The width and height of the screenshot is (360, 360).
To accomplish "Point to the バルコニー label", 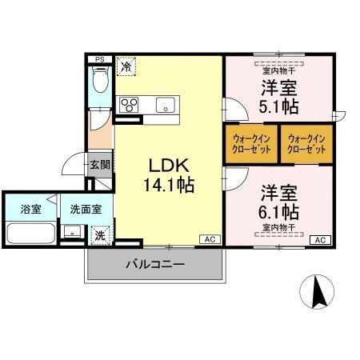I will coord(154,264).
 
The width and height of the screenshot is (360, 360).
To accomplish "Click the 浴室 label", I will coord(30,210).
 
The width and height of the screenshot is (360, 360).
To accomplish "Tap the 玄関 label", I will coord(99,166).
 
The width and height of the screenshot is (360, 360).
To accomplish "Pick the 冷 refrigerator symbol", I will coord(127,67).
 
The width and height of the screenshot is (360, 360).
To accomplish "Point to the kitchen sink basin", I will coord(165,104).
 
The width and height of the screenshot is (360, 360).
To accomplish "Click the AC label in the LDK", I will coord(208,239).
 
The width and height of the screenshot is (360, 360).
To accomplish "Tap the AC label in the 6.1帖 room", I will coord(318,239).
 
